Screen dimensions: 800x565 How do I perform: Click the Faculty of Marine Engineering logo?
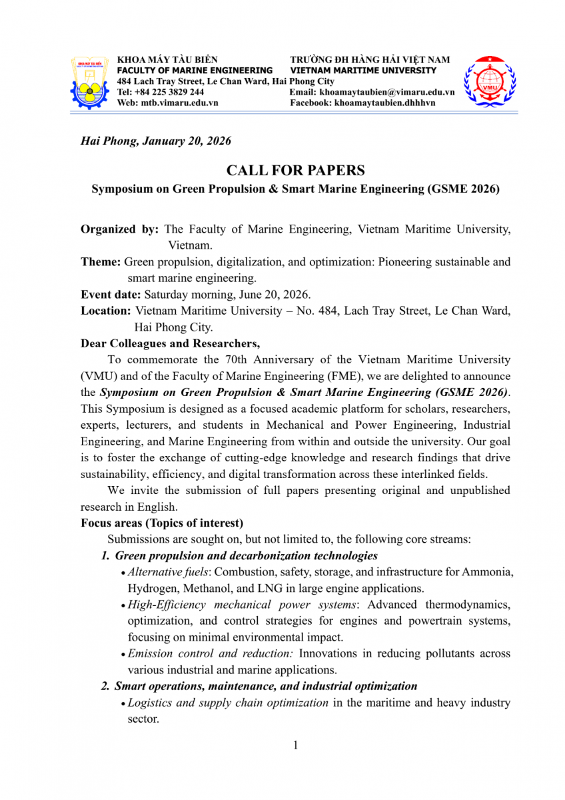point(90,83)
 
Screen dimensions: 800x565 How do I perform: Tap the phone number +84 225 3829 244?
point(170,92)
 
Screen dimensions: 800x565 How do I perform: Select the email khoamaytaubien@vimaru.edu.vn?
point(386,92)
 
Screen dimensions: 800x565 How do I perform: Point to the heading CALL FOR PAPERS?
point(295,171)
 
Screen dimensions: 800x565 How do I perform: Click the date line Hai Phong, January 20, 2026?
point(155,141)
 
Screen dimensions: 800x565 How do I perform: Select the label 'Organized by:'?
point(119,229)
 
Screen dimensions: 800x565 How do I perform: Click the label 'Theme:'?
point(101,262)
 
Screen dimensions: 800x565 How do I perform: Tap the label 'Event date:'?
point(111,294)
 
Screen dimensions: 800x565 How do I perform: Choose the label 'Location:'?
point(105,311)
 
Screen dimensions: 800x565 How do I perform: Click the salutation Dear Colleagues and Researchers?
point(170,343)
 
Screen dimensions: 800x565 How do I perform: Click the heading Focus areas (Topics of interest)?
point(162,523)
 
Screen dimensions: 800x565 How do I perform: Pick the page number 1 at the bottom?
point(295,745)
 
